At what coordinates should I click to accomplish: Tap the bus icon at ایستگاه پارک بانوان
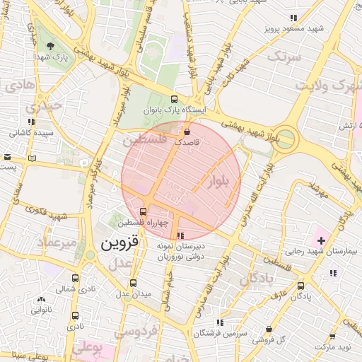coord(175,100)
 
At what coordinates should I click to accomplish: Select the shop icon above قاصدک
coord(187,132)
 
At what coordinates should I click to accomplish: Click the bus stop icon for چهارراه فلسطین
coord(144,211)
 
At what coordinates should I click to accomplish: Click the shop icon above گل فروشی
coord(269,329)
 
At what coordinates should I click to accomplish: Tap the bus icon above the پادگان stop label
coord(302,286)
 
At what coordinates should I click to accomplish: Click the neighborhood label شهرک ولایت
coord(322,86)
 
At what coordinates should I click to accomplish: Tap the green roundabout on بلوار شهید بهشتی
coord(286,138)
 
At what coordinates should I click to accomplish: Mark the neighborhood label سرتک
coord(288,54)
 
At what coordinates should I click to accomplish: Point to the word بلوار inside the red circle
coord(220,181)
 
